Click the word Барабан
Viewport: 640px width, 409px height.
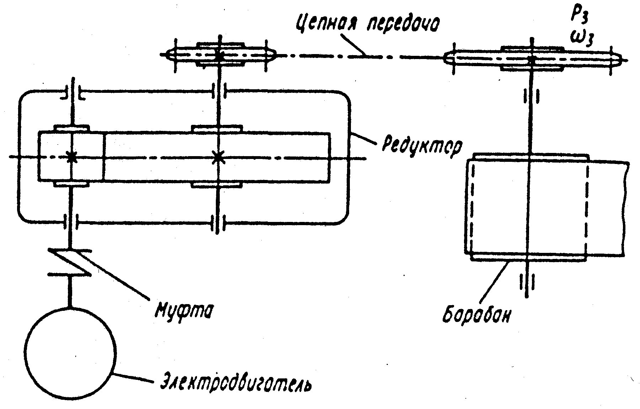pyautogui.click(x=477, y=312)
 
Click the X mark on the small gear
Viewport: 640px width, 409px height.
pyautogui.click(x=72, y=157)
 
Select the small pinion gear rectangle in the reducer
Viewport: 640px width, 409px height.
pyautogui.click(x=71, y=156)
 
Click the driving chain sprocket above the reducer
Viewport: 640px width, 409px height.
pyautogui.click(x=220, y=55)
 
